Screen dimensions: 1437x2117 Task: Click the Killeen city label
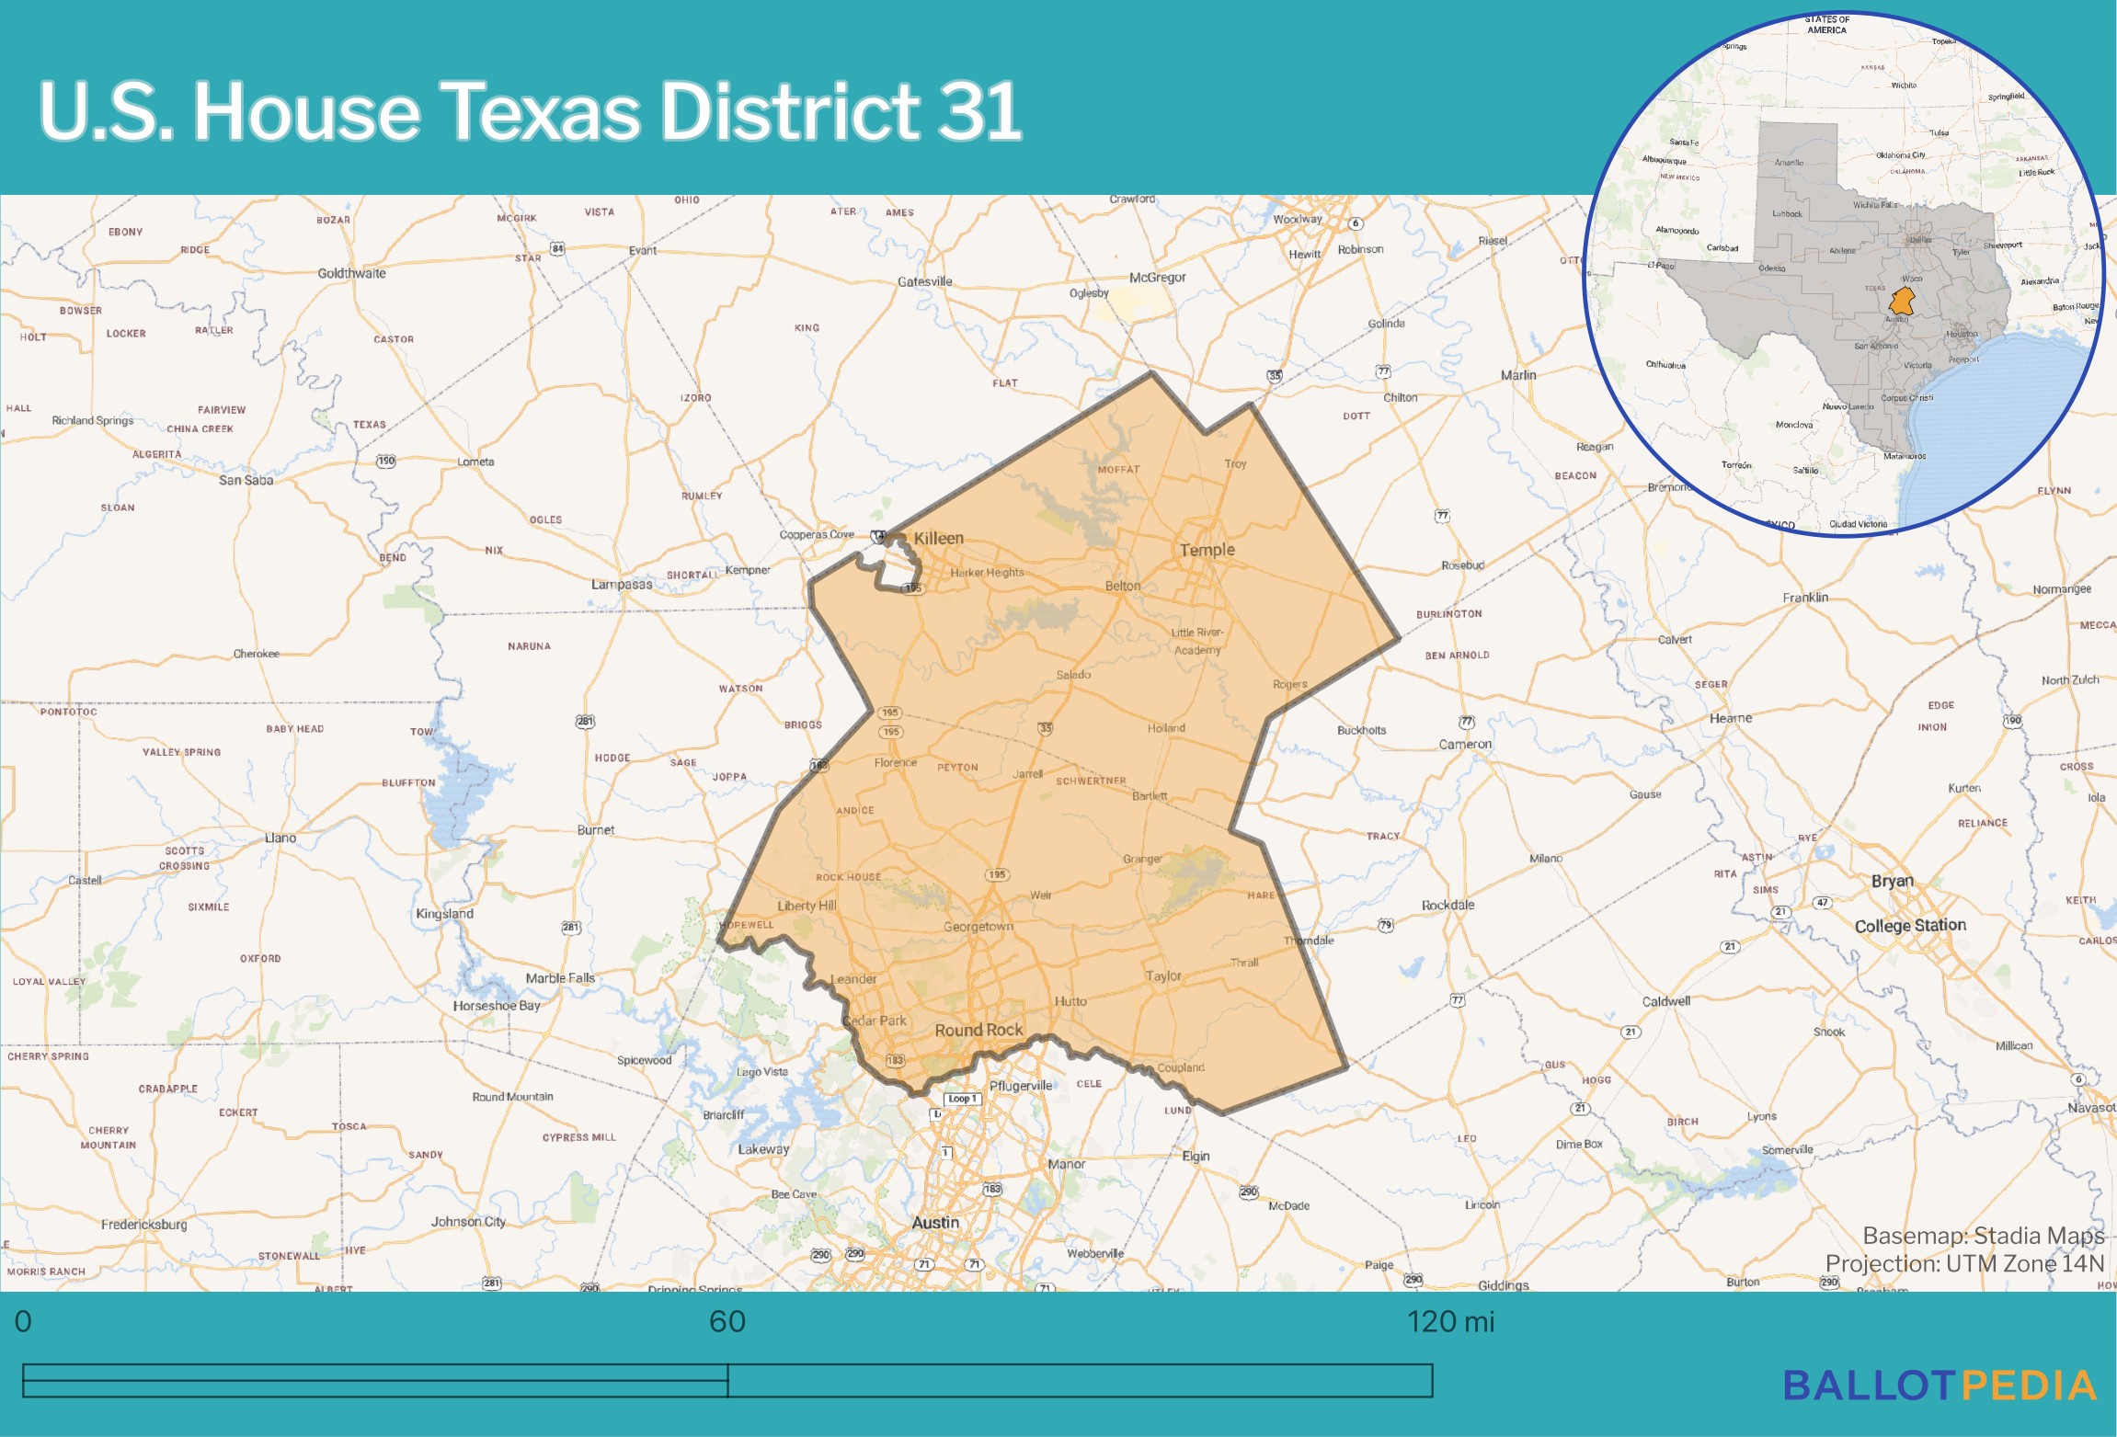[x=938, y=538]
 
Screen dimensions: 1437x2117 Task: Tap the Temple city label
[x=1207, y=550]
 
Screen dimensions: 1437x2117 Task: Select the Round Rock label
[x=978, y=1030]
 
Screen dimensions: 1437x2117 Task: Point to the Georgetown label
[x=978, y=927]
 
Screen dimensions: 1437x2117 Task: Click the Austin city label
[x=935, y=1223]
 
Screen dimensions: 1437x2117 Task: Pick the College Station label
[x=1910, y=926]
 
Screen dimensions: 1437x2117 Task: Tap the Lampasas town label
[x=622, y=584]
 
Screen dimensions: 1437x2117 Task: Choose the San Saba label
[x=246, y=480]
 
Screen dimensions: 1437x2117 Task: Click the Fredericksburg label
[x=143, y=1225]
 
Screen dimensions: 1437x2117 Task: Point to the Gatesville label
[x=924, y=281]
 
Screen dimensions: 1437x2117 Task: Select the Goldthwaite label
[x=351, y=273]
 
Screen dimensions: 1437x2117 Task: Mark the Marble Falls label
[x=560, y=978]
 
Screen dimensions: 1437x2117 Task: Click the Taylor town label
[x=1162, y=975]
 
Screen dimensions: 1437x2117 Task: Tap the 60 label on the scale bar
[x=727, y=1322]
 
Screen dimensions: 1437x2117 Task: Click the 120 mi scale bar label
[x=1450, y=1322]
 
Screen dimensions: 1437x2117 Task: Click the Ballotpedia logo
[x=1940, y=1386]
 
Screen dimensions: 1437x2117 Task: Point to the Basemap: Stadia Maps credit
[x=1983, y=1236]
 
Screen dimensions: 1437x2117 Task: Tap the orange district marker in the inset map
[x=1901, y=301]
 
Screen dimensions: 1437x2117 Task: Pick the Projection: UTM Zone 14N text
[x=1964, y=1263]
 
